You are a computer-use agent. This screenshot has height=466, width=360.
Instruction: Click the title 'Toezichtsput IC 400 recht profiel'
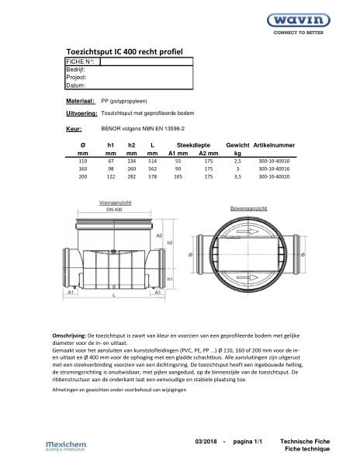[x=126, y=49]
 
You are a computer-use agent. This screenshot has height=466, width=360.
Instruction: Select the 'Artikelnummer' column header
[x=275, y=145]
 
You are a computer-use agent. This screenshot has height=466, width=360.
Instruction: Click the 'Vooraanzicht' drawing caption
[x=114, y=202]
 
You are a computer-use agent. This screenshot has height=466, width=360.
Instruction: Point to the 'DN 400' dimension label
[x=114, y=209]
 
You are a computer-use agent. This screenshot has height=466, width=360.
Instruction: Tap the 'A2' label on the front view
[x=159, y=235]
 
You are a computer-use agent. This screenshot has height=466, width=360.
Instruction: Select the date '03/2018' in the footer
[x=207, y=441]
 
